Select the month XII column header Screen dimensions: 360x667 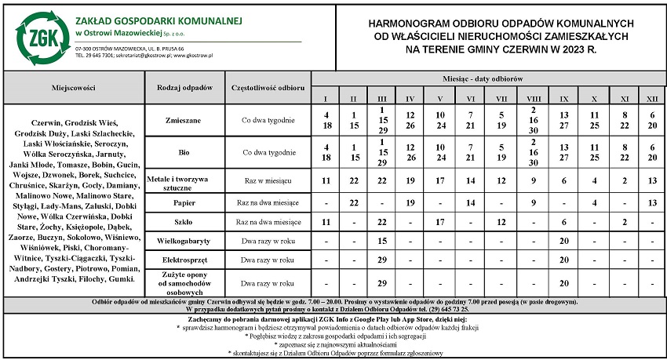(652, 98)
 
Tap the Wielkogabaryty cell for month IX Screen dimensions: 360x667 (564, 241)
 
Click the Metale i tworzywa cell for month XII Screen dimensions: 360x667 (652, 180)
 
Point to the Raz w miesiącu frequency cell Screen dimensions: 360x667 (268, 181)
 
